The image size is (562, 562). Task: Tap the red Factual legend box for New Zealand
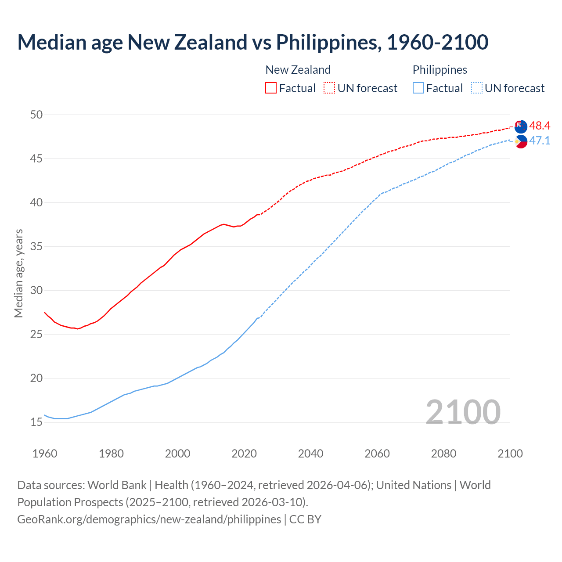point(271,88)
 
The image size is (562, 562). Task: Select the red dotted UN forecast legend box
point(329,88)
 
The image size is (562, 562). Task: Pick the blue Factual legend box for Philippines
point(418,88)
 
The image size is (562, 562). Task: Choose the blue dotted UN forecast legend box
point(477,88)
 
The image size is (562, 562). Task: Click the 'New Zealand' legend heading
point(298,70)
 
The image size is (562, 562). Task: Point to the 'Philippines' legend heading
point(440,70)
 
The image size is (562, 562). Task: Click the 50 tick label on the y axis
point(36,115)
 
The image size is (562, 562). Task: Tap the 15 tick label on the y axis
point(36,422)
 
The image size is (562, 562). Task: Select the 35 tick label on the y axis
point(36,246)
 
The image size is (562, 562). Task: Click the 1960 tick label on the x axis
point(45,454)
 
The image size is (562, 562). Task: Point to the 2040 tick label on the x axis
point(310,454)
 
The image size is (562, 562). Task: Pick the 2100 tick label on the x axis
point(510,454)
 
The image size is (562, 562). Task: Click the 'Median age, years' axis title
point(18,273)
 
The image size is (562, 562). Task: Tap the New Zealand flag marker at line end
point(521,126)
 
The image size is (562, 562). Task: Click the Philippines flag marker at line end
point(521,141)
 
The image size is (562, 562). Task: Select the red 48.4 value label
point(540,126)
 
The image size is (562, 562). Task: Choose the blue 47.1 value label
point(540,141)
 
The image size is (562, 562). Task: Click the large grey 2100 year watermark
point(463,412)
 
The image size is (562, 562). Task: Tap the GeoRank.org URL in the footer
point(149,519)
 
